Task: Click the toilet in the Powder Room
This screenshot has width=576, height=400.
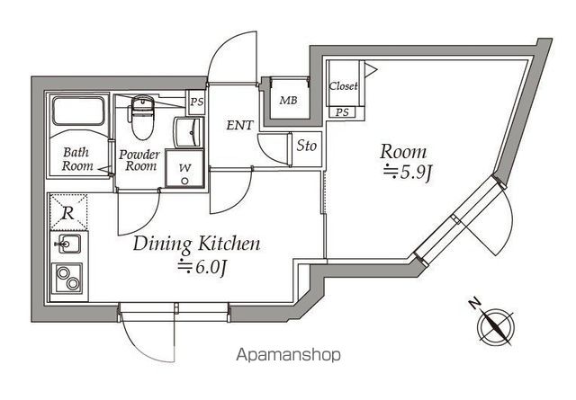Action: point(142,117)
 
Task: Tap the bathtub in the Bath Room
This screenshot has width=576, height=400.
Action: point(78,111)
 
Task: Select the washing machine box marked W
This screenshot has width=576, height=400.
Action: point(184,169)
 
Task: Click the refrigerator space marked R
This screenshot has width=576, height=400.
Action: point(68,212)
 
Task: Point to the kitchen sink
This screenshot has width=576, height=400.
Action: point(68,244)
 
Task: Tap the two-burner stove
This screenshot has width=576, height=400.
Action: point(67,278)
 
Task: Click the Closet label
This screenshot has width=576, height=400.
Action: point(343,86)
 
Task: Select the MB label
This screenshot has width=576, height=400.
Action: point(288,100)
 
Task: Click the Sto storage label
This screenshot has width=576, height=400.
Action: point(306,146)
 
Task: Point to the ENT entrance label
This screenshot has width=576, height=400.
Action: point(239,125)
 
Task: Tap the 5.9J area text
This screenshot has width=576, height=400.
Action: point(407,173)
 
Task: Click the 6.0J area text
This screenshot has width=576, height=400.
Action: point(202,267)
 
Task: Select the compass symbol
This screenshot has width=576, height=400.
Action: point(496,326)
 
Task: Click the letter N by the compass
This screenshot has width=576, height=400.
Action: point(475,303)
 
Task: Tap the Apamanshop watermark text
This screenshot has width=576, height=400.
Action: point(288,355)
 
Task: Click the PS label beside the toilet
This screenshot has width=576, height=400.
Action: point(196,101)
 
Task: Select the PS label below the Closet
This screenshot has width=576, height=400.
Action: point(342,112)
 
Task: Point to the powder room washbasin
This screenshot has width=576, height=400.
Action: point(188,132)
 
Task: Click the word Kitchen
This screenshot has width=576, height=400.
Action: point(229,244)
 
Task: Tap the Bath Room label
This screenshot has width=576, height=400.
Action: point(77,159)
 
